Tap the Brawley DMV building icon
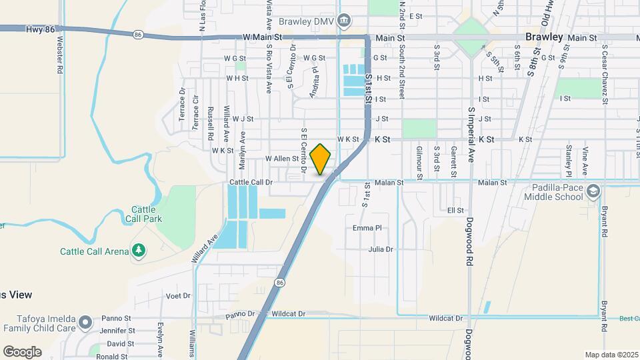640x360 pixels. (x=343, y=21)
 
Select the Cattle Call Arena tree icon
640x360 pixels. (x=139, y=251)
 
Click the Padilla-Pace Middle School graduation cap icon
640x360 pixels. (x=591, y=193)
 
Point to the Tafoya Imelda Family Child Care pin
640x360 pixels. (x=85, y=323)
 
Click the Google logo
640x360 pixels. (x=22, y=351)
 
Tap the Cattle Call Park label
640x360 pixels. (x=143, y=213)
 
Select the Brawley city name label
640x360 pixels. (x=543, y=37)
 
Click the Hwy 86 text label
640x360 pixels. (x=41, y=29)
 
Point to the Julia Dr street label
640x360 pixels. (x=381, y=249)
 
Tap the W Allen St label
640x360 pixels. (x=281, y=159)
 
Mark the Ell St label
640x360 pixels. (x=455, y=210)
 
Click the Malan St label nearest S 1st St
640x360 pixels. (x=391, y=182)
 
